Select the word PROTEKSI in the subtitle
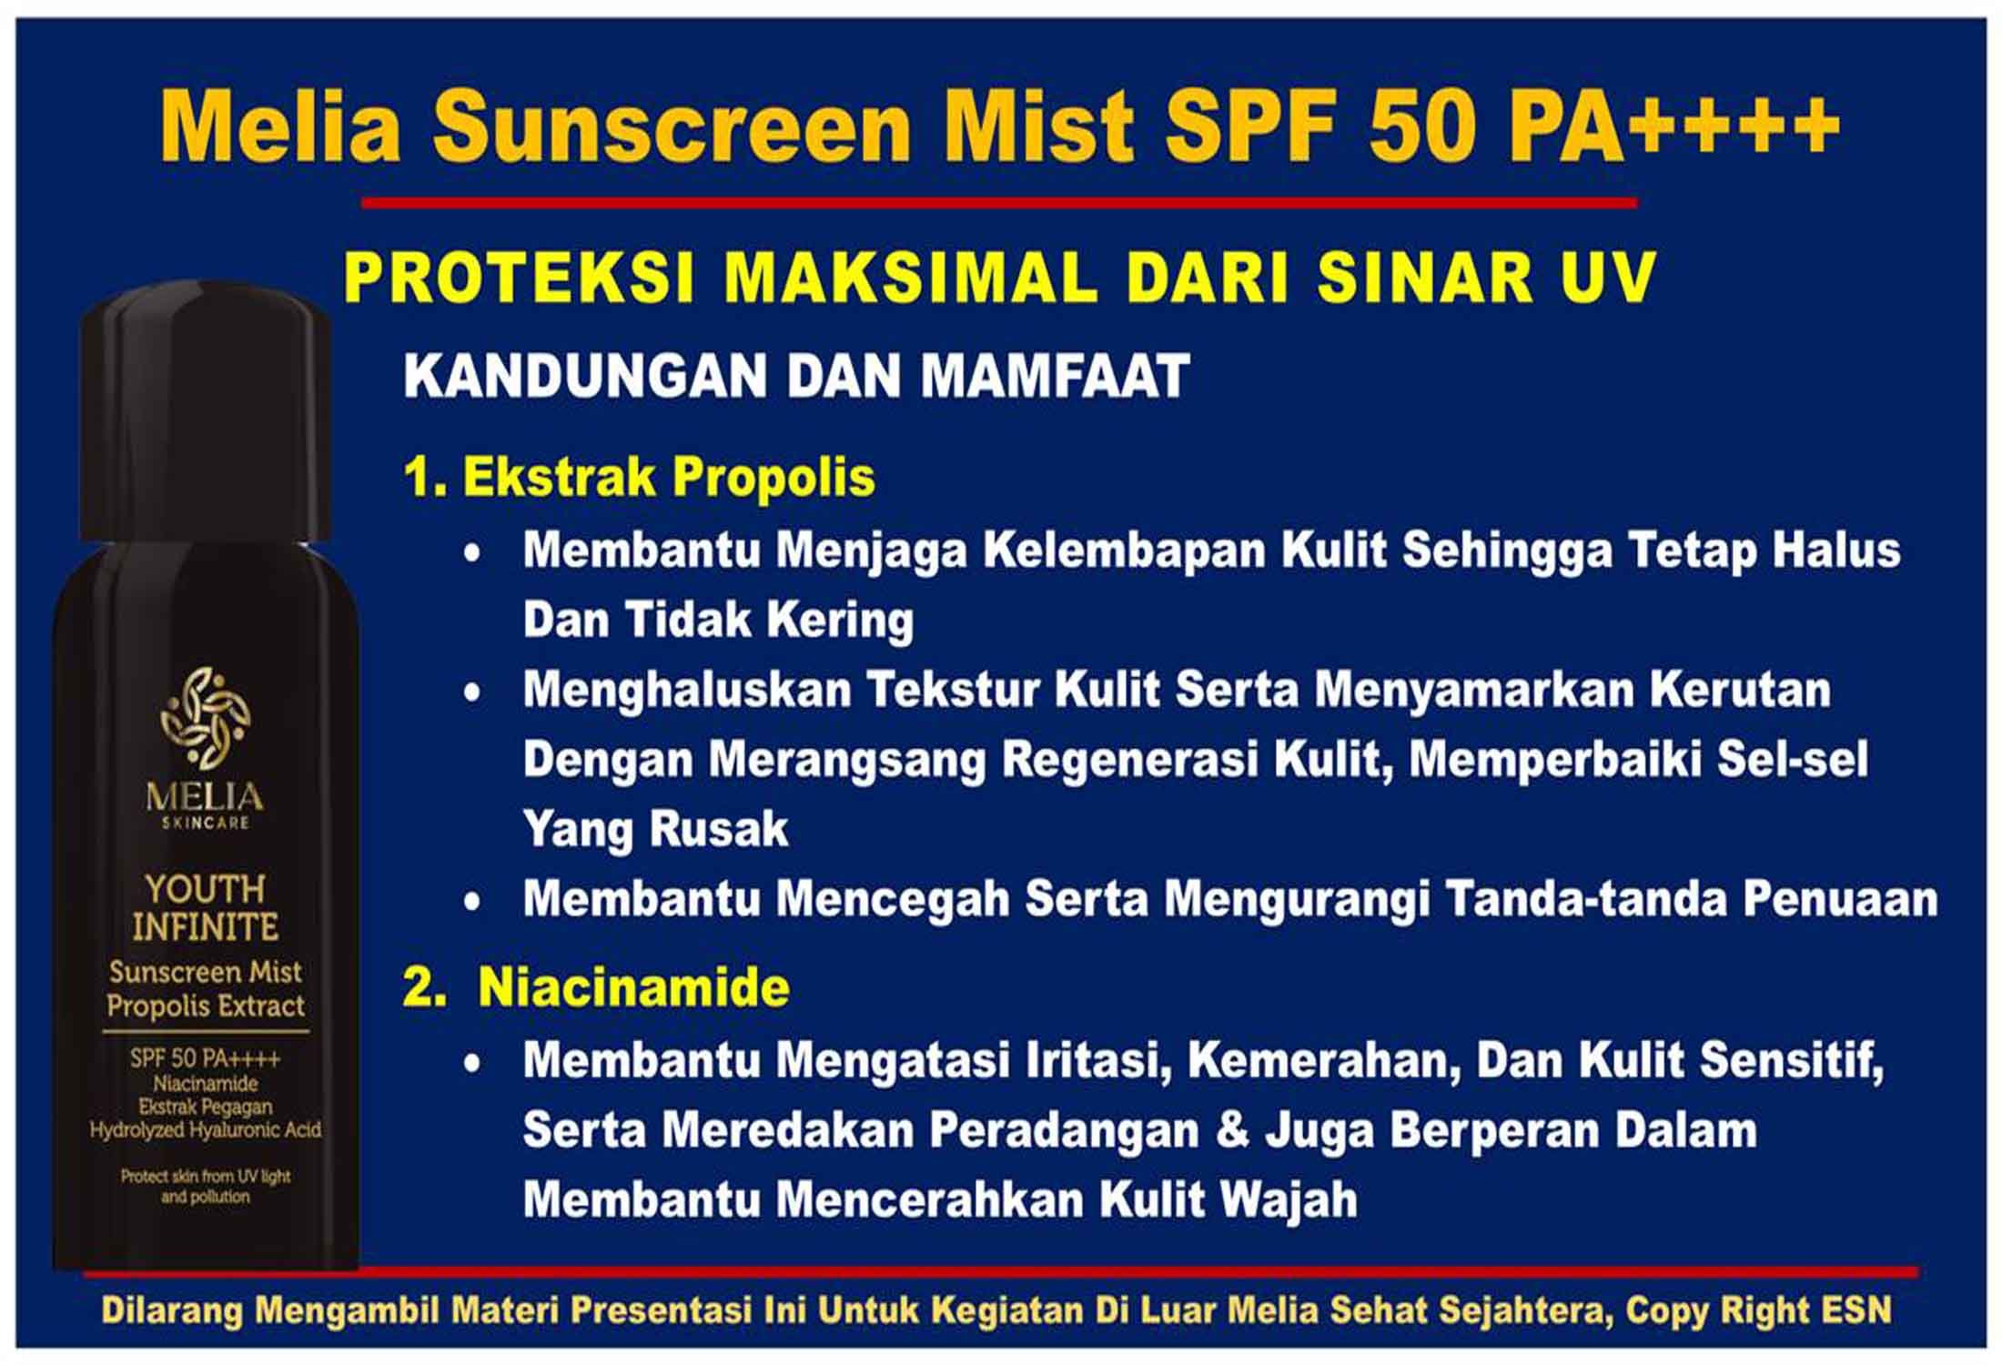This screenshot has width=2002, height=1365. click(519, 277)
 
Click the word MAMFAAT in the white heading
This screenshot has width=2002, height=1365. click(1055, 375)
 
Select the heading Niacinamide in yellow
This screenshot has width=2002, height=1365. click(633, 986)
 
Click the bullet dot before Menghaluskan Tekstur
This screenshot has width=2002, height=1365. click(471, 693)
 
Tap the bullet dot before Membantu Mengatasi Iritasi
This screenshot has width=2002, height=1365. click(471, 1062)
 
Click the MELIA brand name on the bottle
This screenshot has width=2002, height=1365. click(205, 797)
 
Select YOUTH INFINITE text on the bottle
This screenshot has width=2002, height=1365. click(205, 907)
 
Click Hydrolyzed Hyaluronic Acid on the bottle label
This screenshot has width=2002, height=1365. click(206, 1130)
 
